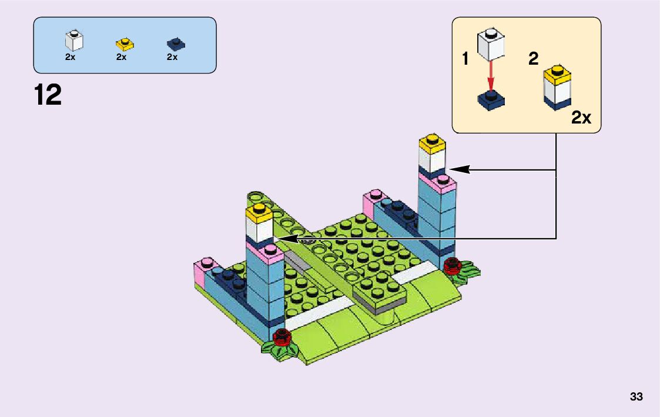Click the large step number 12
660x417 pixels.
[x=48, y=95]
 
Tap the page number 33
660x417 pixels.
[x=636, y=397]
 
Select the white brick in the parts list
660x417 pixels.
[x=74, y=40]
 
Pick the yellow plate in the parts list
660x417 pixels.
[x=124, y=44]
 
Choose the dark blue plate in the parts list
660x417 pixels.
[x=173, y=44]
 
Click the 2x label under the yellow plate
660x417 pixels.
[x=122, y=57]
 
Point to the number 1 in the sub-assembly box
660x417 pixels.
[x=465, y=59]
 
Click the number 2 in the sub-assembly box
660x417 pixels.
[x=534, y=59]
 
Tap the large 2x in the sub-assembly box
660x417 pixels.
[x=581, y=118]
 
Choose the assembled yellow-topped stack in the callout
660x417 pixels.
[x=558, y=88]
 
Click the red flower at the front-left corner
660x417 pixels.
[x=283, y=337]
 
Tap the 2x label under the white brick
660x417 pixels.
[x=71, y=57]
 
